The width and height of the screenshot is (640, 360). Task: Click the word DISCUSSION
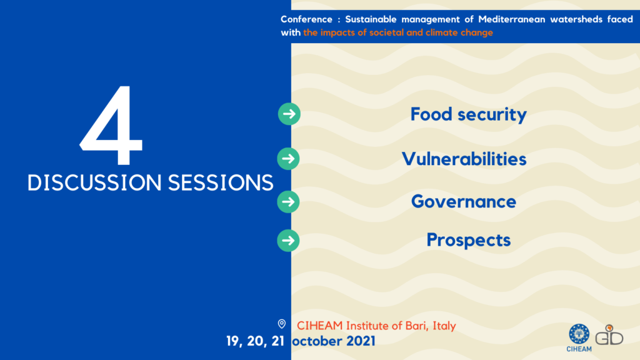coord(95,182)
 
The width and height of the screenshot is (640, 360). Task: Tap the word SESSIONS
coord(221,182)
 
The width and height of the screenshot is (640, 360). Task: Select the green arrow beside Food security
coord(289,114)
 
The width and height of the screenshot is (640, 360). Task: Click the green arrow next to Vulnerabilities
coord(289,159)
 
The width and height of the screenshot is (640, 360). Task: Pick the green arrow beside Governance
coord(289,202)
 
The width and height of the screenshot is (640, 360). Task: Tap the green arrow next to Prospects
coord(289,241)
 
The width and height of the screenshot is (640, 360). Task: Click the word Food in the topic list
coord(431,114)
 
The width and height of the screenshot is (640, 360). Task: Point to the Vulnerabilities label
coord(464,159)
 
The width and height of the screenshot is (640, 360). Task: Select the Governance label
coord(464,202)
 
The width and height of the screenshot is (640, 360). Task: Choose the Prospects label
coord(469,241)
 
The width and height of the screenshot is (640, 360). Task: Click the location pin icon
coord(282,324)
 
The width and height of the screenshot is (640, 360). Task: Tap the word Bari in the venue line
coord(416,326)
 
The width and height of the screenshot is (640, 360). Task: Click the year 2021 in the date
coord(361,341)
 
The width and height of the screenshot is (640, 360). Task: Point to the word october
coord(317,341)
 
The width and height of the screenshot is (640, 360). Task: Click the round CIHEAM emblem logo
coord(579,334)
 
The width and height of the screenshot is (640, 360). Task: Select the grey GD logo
coord(609,335)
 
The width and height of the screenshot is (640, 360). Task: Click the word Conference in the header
coord(306,19)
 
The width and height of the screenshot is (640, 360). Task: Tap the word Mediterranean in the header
coord(512,19)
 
